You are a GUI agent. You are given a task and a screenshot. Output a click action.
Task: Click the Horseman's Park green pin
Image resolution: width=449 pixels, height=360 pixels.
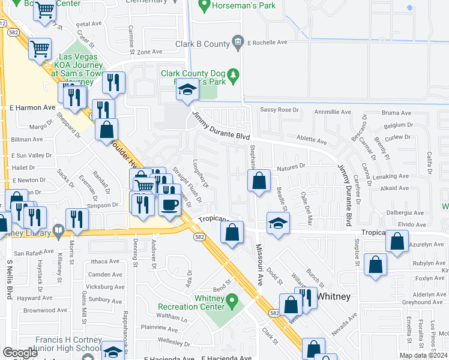click(203, 7)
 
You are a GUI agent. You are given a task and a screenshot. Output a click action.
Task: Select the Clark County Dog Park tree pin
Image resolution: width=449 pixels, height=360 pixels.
click(235, 75)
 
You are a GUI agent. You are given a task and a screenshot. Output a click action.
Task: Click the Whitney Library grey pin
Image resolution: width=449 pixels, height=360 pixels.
click(58, 229)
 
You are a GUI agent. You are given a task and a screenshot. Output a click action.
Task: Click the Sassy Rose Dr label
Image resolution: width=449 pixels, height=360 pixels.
click(279, 110)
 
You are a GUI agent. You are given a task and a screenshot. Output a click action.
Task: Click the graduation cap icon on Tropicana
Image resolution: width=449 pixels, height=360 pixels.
click(277, 223)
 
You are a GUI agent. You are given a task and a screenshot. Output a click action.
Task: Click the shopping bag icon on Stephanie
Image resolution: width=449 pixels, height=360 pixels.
click(259, 180)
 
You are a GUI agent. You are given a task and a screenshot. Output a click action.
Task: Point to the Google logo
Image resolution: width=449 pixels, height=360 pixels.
click(20, 353)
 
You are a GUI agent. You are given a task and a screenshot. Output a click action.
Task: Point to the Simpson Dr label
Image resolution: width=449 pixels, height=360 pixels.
click(103, 205)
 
